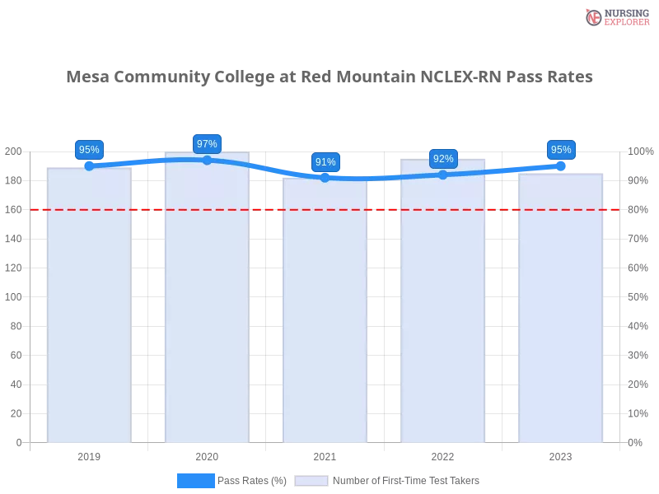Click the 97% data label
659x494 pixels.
point(207,144)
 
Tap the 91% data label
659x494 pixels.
point(325,162)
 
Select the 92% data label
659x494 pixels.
point(443,159)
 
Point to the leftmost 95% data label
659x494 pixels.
point(89,150)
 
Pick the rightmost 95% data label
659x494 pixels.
point(561,150)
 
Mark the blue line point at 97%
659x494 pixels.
point(207,160)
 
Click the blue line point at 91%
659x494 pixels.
point(325,177)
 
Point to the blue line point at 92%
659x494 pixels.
point(443,175)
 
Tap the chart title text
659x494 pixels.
point(329,78)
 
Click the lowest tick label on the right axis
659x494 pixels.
point(636,442)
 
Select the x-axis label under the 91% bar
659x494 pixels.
point(324,455)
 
